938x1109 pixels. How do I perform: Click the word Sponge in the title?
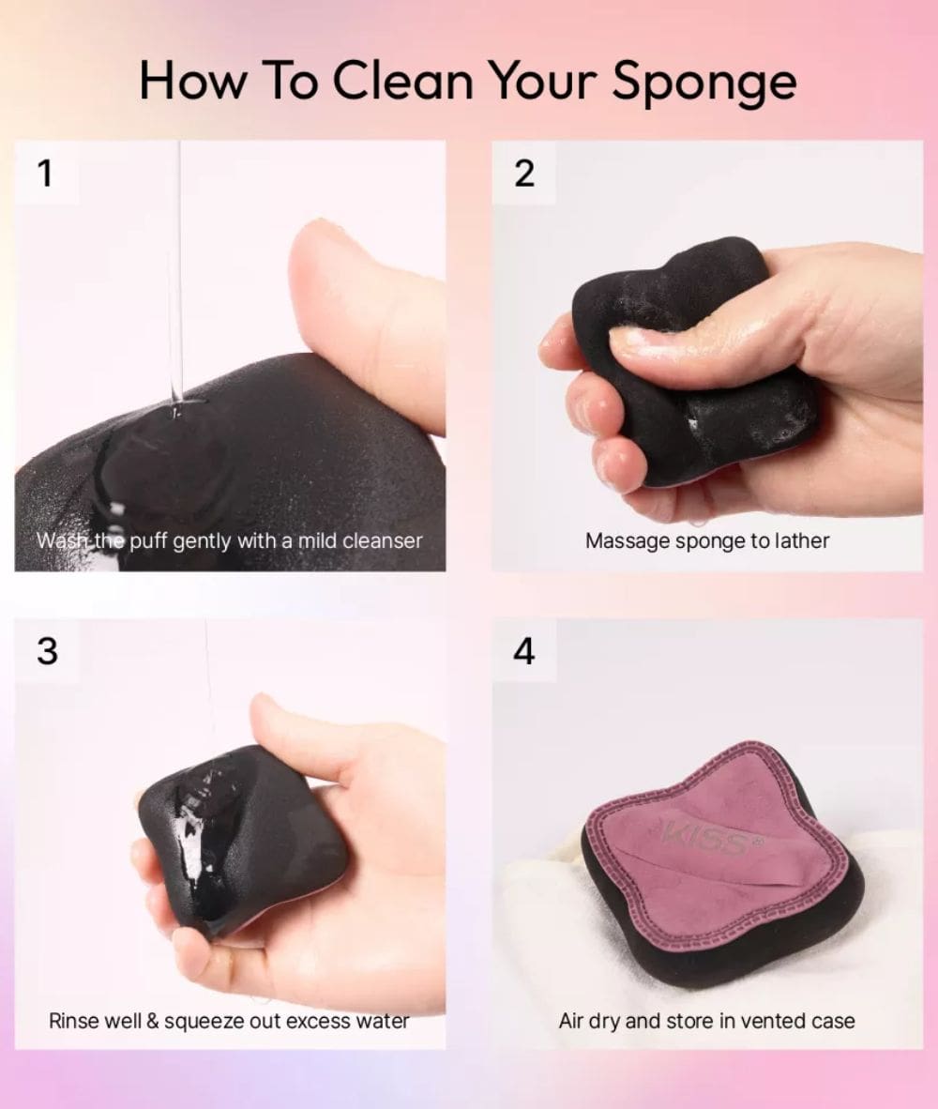[703, 82]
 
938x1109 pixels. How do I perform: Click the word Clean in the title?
[402, 80]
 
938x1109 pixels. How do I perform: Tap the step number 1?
[45, 173]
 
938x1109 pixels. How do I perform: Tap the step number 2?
[523, 174]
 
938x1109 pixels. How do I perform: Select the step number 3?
[47, 651]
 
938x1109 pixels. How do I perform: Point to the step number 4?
[523, 651]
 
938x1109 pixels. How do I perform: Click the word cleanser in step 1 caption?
[382, 541]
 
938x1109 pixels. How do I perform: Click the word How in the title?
[193, 80]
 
